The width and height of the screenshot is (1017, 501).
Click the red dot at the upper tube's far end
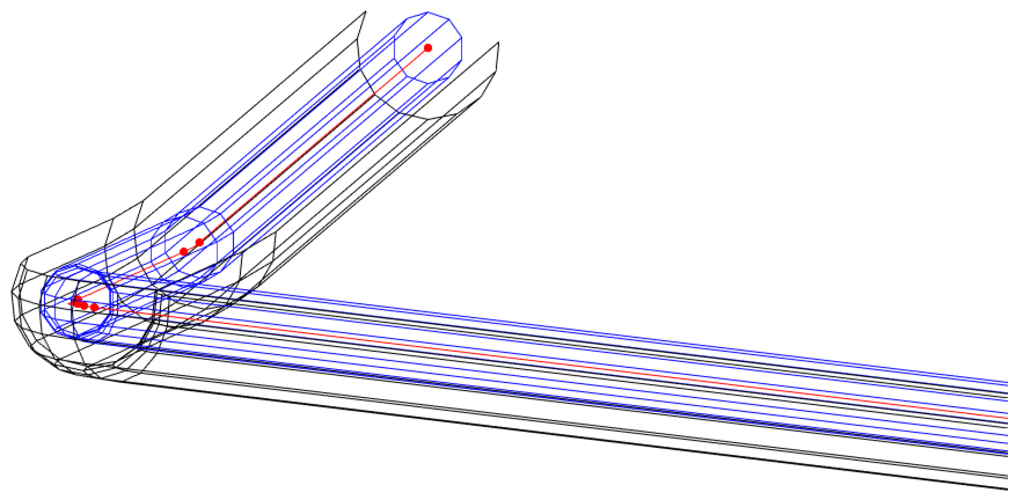pos(428,48)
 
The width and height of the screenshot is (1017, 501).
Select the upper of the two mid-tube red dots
pos(200,242)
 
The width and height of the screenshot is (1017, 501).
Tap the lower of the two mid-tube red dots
pos(184,252)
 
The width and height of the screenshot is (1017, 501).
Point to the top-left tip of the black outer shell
pos(366,11)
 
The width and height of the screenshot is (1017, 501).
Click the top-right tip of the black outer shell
pos(499,42)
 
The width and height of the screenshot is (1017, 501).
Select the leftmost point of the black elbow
pos(11,292)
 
